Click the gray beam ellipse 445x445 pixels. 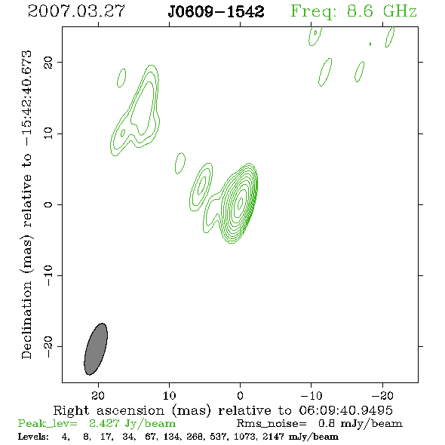click(x=96, y=349)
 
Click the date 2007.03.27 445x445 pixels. click(x=76, y=11)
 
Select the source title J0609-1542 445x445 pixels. click(x=216, y=11)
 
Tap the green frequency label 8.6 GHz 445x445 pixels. click(x=382, y=11)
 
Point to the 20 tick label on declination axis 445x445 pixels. click(x=48, y=63)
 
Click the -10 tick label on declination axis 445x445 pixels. click(x=48, y=275)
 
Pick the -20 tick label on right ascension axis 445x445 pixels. click(x=382, y=395)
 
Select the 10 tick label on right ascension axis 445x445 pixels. click(x=170, y=395)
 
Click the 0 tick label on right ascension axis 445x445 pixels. click(x=240, y=395)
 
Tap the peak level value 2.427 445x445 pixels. click(x=104, y=423)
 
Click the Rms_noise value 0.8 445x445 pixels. click(x=326, y=423)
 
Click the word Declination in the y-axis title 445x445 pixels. click(x=26, y=320)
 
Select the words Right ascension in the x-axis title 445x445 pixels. click(x=109, y=410)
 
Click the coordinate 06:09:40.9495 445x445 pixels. click(x=345, y=410)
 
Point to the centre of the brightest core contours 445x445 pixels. click(x=241, y=202)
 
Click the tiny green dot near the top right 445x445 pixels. click(x=370, y=44)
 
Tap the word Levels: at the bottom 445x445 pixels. click(x=33, y=436)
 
